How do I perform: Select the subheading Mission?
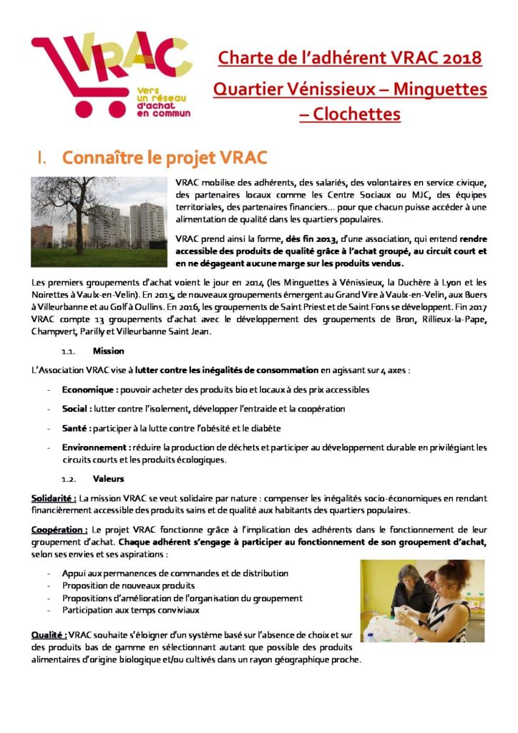pos(109,351)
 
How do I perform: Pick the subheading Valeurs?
pos(109,478)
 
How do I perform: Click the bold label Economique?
pos(89,389)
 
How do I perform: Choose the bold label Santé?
pos(75,428)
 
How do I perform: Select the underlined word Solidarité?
pos(54,497)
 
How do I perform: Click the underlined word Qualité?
pos(49,635)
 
